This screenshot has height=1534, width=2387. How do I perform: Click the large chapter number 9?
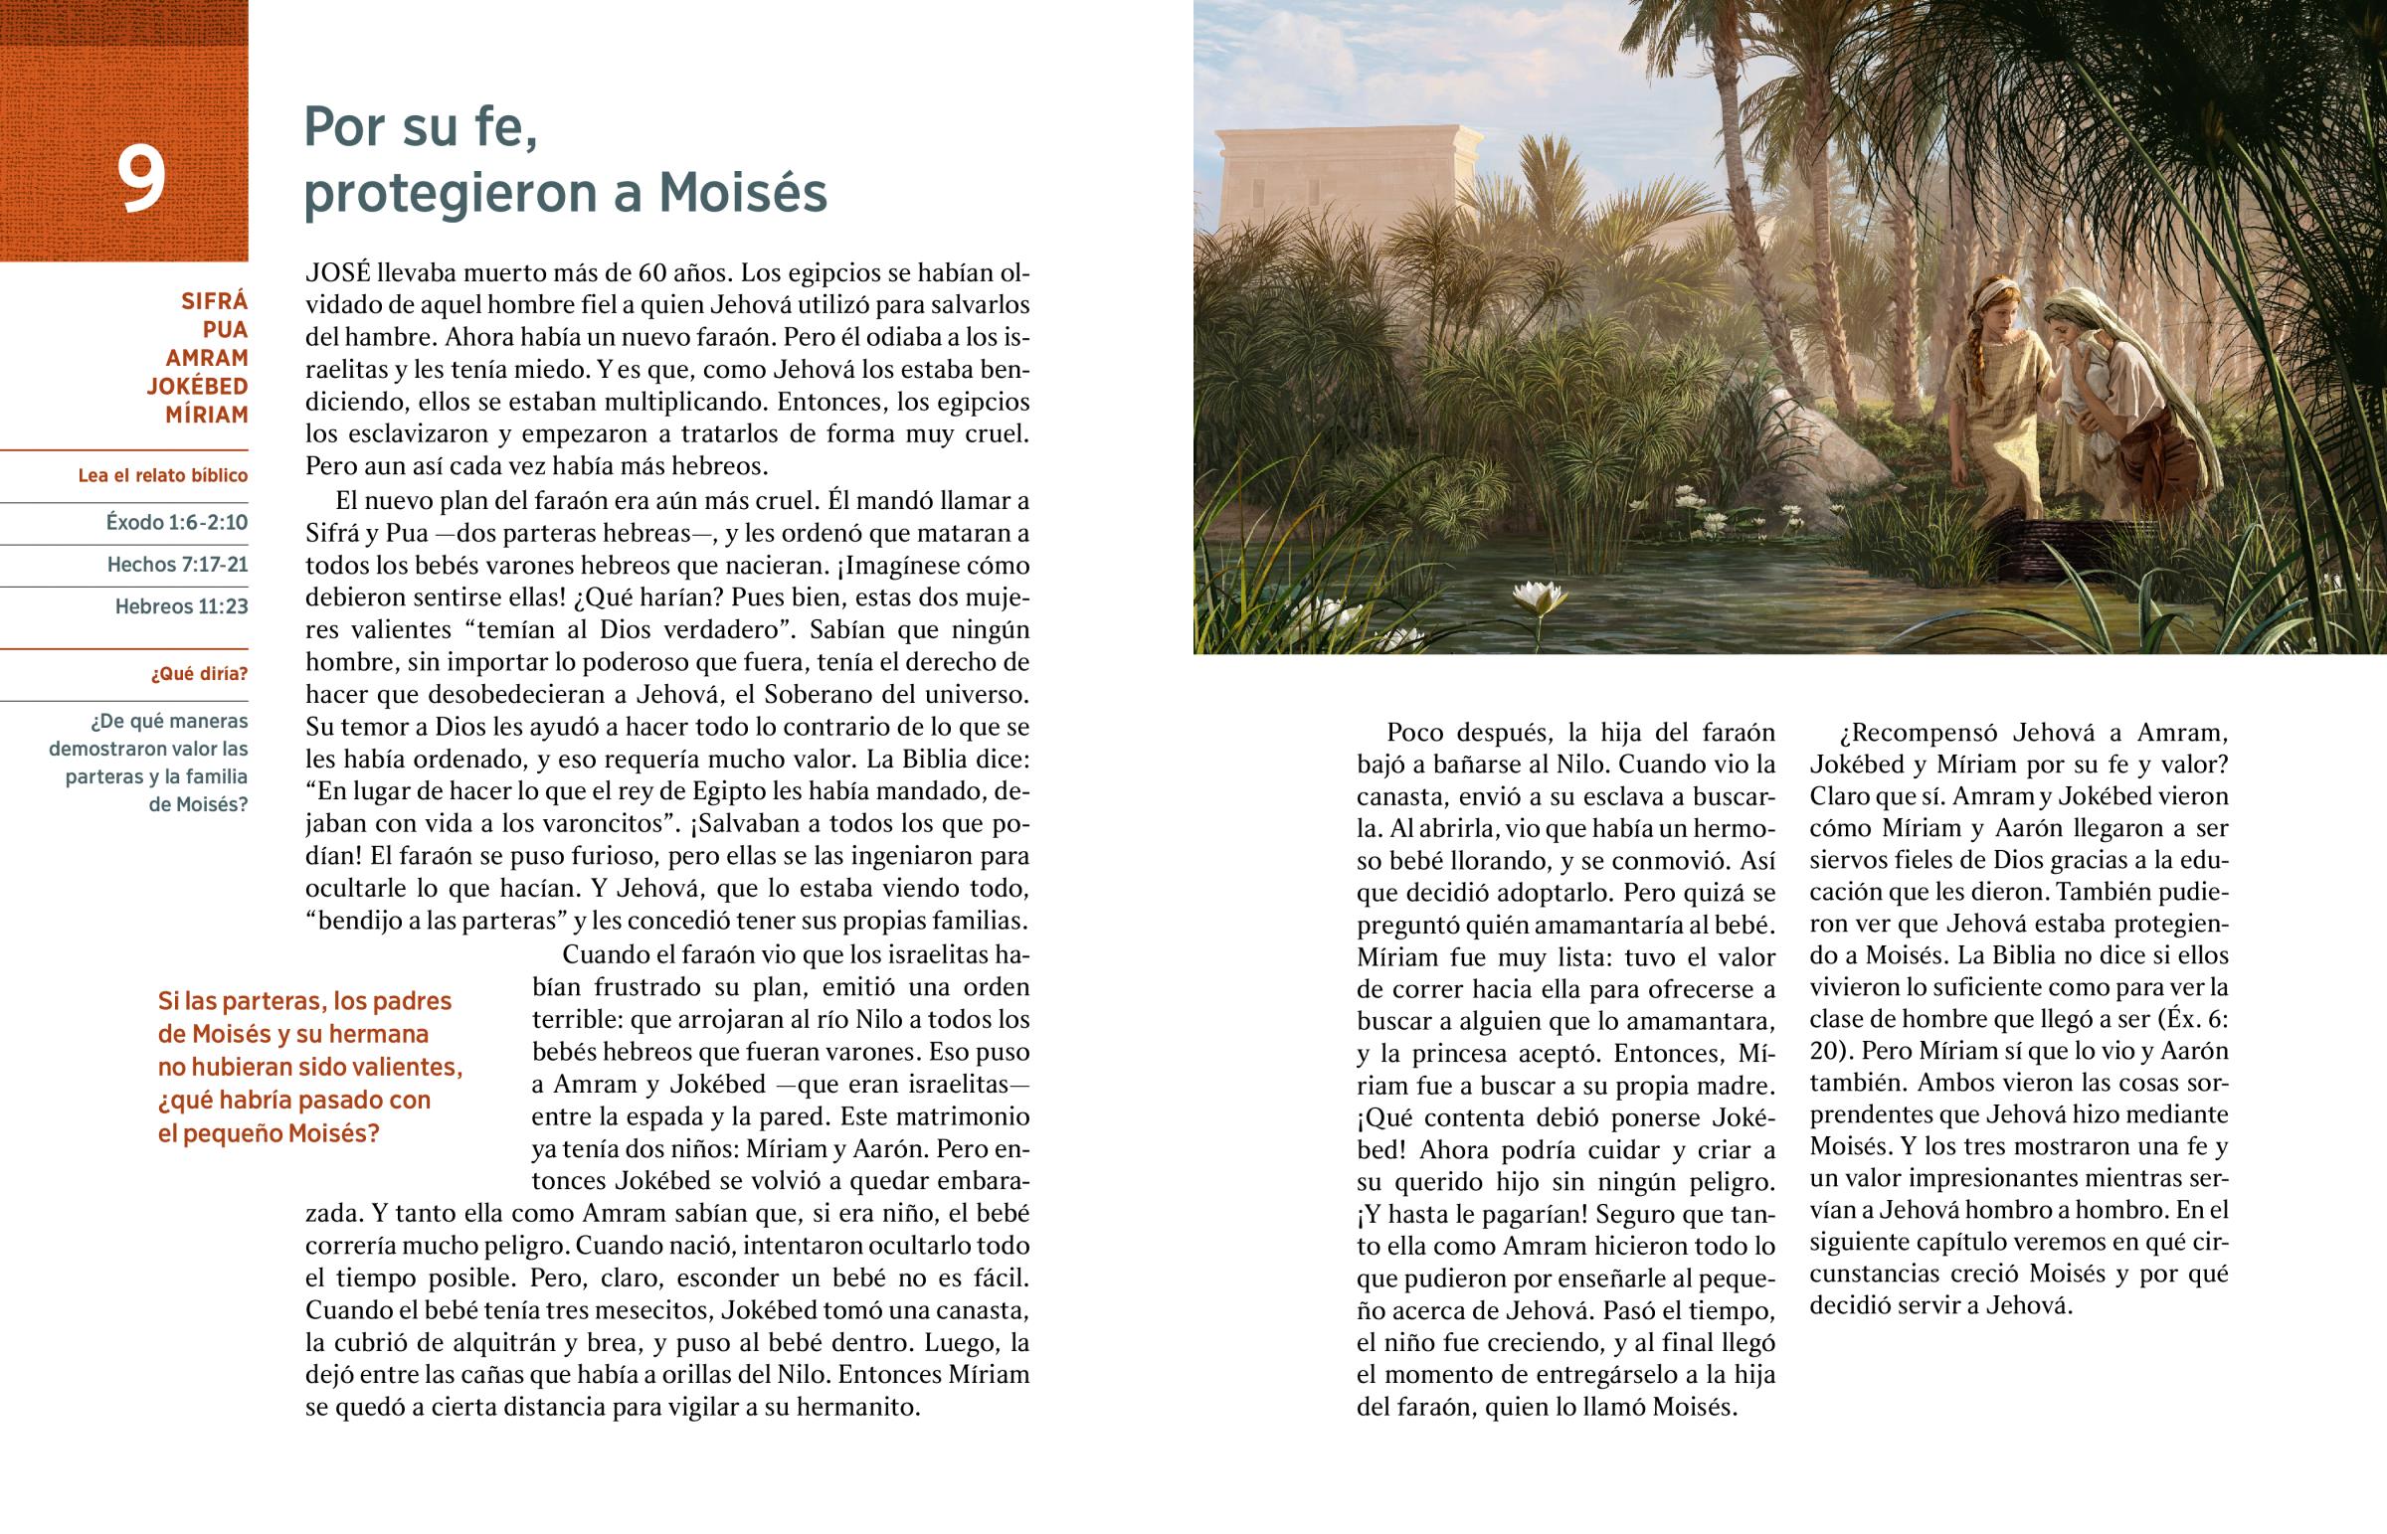pos(140,179)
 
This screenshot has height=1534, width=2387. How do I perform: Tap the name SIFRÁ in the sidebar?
pos(214,301)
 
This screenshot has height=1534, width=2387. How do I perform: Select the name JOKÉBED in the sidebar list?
pos(197,387)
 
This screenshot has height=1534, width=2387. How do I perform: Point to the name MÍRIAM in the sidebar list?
pos(206,415)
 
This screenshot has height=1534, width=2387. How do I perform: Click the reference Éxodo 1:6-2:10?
pos(176,523)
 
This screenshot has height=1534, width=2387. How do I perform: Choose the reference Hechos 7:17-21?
pos(177,565)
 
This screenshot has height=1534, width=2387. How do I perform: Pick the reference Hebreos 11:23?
pos(181,606)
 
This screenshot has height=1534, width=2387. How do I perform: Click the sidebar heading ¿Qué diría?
pos(199,674)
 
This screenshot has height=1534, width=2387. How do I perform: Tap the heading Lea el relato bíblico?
pos(162,476)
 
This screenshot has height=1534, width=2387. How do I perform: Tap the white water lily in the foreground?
pos(1540,597)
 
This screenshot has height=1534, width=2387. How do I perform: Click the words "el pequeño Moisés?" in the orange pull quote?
pos(269,1133)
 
